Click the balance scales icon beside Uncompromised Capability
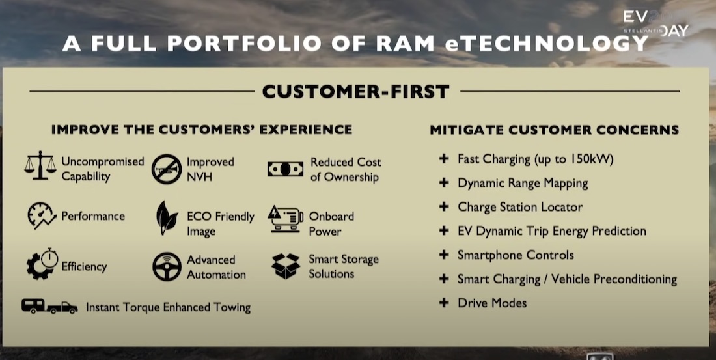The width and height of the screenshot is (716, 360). (40, 165)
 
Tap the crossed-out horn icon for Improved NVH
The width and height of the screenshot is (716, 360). (167, 169)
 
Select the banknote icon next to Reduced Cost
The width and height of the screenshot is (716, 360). (285, 169)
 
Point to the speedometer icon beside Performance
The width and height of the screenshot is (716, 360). (42, 215)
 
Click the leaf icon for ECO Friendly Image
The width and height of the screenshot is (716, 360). (167, 218)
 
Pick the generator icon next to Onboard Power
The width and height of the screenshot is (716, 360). (285, 219)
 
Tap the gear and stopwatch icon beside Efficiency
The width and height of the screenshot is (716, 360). (42, 264)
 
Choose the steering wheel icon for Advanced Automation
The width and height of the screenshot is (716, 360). (167, 266)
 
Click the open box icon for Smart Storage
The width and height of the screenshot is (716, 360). (286, 266)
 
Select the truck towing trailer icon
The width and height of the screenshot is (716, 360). (49, 306)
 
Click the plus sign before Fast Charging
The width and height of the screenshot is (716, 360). (444, 159)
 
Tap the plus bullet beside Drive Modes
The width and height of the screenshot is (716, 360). (444, 303)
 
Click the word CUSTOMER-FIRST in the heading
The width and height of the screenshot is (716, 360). (355, 91)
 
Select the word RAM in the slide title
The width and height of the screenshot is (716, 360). (406, 44)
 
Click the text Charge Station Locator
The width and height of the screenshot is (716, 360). (520, 207)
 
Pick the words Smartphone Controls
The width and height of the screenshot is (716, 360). (516, 255)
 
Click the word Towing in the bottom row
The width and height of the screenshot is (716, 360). (232, 308)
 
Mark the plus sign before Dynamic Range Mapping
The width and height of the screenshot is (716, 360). (444, 183)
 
